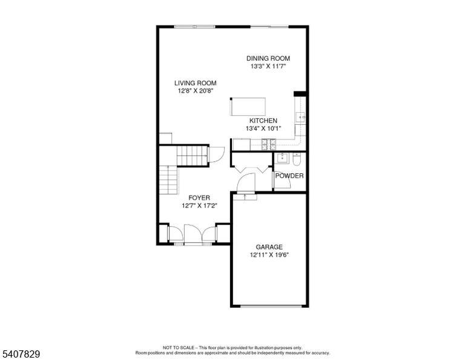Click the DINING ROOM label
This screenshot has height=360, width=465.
[268, 58]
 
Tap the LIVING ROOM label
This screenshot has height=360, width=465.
[195, 83]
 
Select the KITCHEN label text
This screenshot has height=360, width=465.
[263, 121]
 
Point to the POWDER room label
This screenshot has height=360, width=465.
[289, 176]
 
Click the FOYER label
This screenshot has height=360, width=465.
[199, 198]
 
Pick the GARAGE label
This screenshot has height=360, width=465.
[269, 247]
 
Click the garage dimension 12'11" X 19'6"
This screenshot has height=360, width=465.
[269, 255]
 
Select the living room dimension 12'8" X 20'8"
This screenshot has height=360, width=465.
[196, 91]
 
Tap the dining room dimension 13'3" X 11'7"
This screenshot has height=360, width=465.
[268, 66]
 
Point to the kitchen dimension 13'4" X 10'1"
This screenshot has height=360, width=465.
[263, 128]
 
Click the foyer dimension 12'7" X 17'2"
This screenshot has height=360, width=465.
[199, 205]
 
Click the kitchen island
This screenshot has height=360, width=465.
[248, 107]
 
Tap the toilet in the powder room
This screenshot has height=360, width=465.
[297, 159]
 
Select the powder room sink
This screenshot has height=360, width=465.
[282, 158]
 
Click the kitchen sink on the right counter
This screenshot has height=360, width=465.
[301, 117]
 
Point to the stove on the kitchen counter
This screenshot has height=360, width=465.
[268, 144]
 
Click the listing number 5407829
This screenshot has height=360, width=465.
[21, 354]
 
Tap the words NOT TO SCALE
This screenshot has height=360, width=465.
[178, 347]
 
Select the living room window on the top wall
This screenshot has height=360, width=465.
[194, 27]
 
